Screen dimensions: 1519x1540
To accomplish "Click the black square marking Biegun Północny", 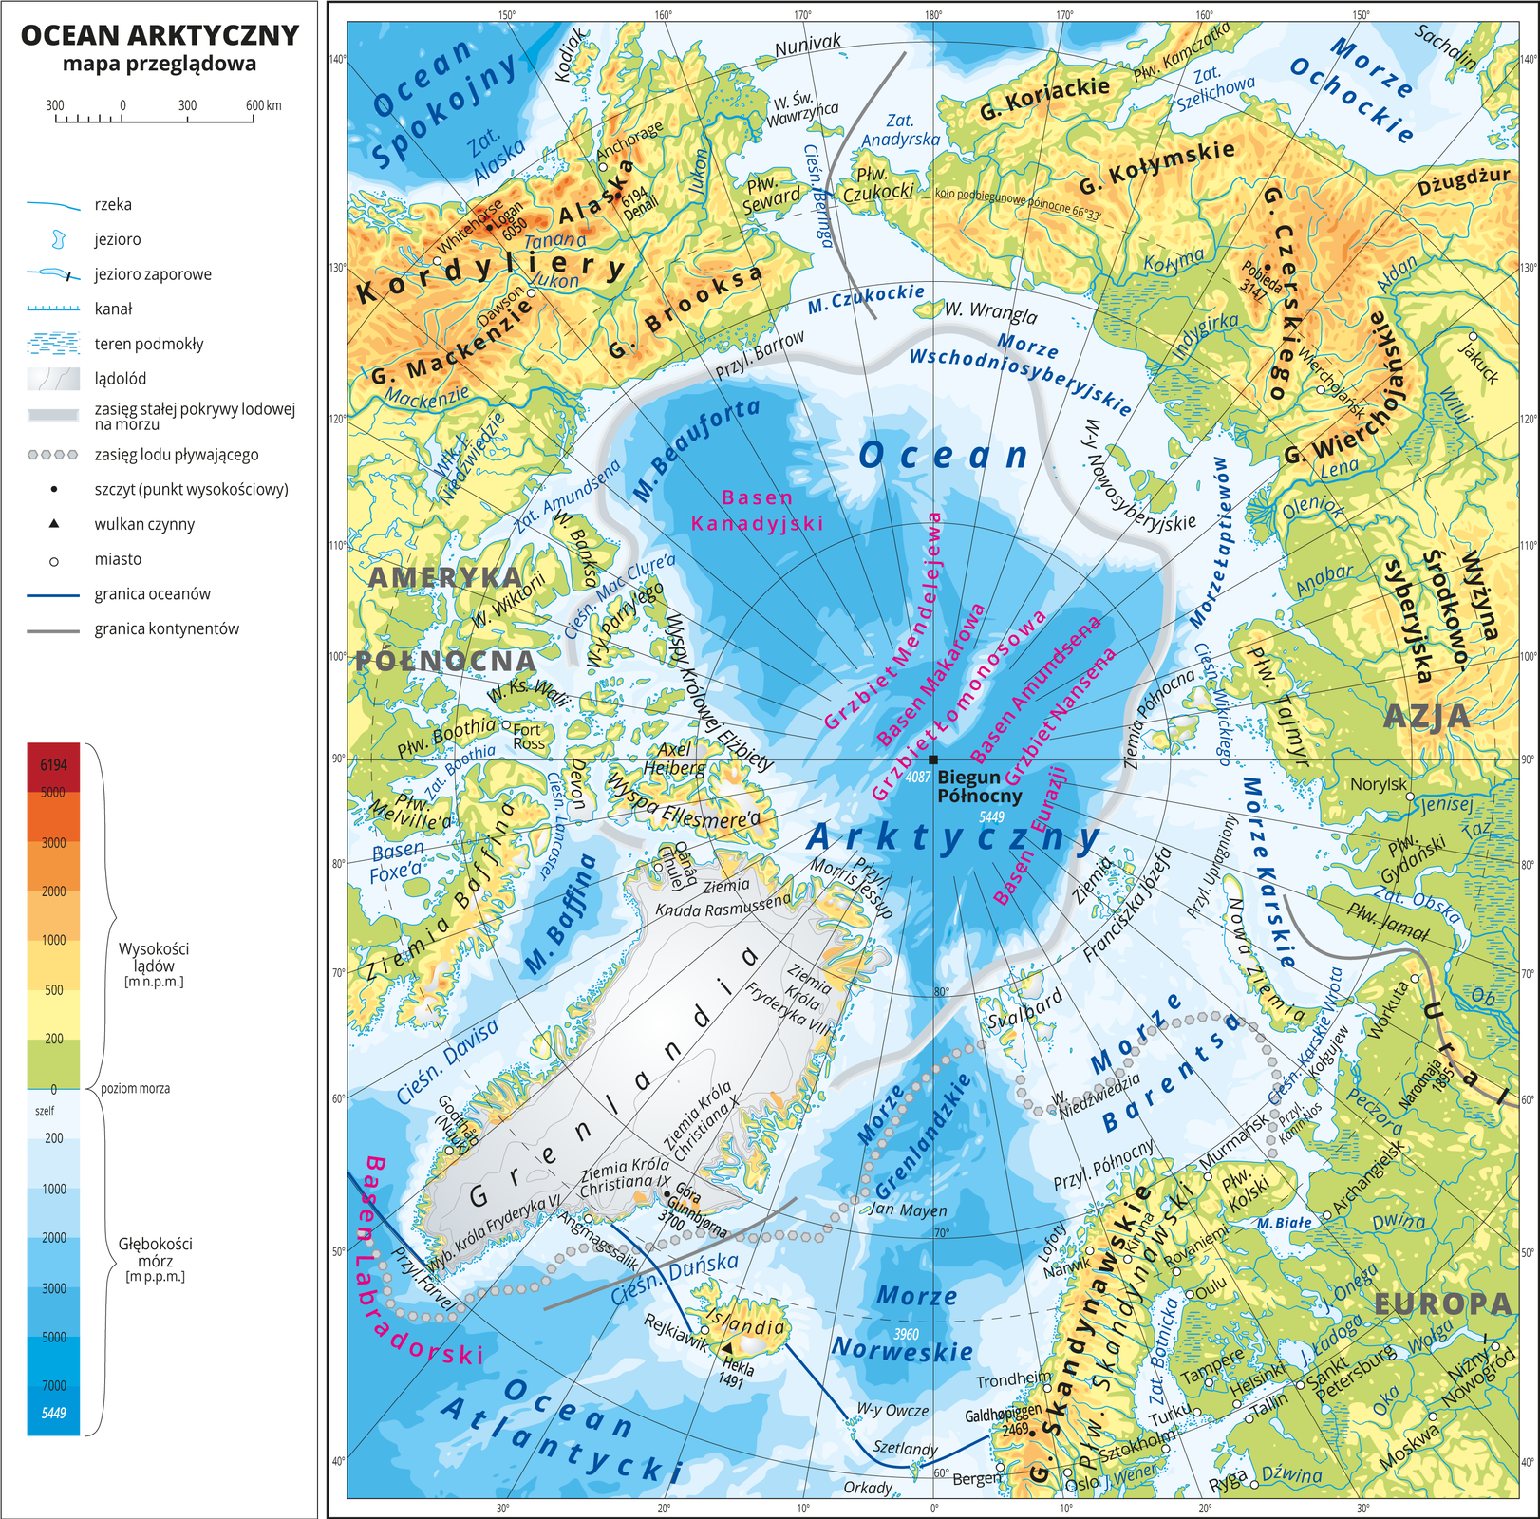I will tap(933, 759).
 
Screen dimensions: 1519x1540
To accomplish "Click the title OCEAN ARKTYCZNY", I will tap(160, 35).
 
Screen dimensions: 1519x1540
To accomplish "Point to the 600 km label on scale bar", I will tap(263, 105).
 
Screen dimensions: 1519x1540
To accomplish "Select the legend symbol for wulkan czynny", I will tap(54, 523).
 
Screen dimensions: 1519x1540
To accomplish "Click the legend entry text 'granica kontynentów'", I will tap(167, 628).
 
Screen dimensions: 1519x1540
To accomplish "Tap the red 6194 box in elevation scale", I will tap(53, 765).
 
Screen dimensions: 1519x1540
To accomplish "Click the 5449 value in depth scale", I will tap(53, 1413).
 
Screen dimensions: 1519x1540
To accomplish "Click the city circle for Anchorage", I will tap(602, 167).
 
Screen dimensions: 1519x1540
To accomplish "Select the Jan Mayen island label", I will tap(908, 1210).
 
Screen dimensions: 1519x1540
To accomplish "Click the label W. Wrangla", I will tap(990, 312).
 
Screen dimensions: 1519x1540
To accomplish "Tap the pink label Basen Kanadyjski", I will tap(757, 510).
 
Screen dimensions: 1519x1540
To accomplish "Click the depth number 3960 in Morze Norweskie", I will tap(906, 1334).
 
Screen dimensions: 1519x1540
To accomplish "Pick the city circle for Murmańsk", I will tap(1208, 1176).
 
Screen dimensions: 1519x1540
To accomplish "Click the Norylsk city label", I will tap(1378, 784).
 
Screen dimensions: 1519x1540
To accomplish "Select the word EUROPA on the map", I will tap(1442, 1304).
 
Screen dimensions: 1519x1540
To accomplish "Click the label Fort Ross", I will tap(529, 737).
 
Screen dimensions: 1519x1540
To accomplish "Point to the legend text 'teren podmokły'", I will tap(149, 344).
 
